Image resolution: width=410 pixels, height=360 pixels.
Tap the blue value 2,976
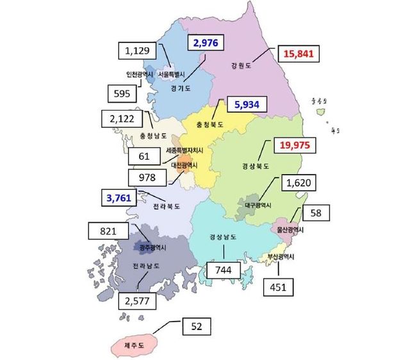(207, 43)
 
